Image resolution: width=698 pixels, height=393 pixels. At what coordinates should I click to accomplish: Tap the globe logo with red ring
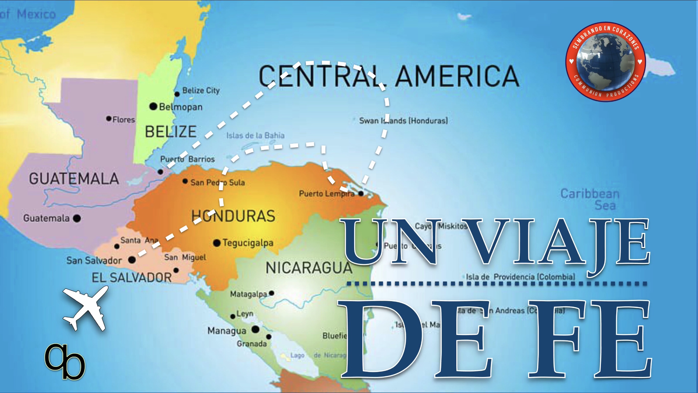[x=605, y=62]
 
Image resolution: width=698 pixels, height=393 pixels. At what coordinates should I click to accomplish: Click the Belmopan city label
[x=181, y=107]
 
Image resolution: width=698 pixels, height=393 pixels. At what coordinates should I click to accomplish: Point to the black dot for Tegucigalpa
[x=216, y=243]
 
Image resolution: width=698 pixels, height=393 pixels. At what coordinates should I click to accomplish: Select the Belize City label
[x=201, y=90]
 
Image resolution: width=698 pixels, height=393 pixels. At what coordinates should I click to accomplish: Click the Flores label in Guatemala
[x=124, y=120]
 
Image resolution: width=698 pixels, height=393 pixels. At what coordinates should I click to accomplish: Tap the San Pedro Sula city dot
[x=185, y=181]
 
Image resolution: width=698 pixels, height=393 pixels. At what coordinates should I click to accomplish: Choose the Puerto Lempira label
[x=327, y=194]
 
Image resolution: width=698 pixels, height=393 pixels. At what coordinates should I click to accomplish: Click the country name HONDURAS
[x=233, y=216]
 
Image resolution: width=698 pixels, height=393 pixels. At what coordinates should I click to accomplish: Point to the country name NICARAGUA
[x=309, y=268]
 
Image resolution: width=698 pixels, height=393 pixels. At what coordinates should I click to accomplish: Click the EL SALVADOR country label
[x=132, y=277]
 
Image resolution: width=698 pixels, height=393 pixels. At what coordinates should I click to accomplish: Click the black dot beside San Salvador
[x=132, y=260]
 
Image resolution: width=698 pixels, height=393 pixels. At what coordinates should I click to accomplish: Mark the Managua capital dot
[x=255, y=329]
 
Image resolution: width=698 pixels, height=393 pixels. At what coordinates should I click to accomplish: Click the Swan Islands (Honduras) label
[x=403, y=121]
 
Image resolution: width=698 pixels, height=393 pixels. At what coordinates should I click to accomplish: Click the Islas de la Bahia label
[x=255, y=135]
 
